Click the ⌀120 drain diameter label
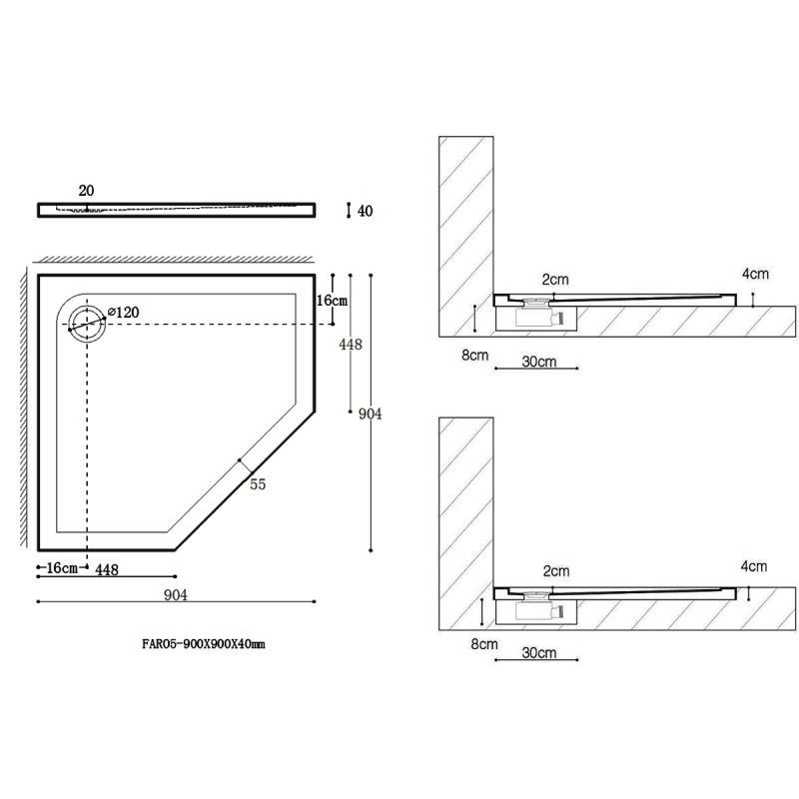tap(123, 312)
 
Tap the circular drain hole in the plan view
tap(87, 324)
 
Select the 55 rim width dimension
tap(258, 484)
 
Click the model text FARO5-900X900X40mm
tap(204, 643)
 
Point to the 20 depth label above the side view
tap(86, 191)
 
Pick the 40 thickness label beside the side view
tap(365, 211)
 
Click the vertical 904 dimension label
tap(370, 413)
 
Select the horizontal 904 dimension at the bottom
tap(176, 594)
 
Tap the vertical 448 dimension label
tap(351, 345)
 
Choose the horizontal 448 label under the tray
tap(107, 569)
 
